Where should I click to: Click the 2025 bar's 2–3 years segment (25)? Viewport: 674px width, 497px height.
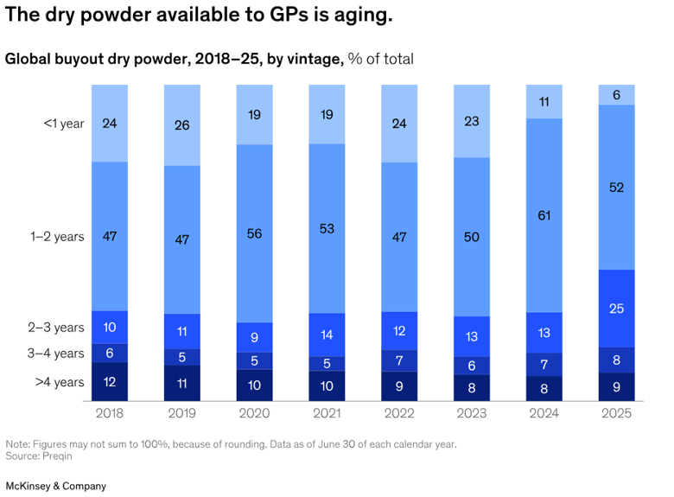tap(616, 309)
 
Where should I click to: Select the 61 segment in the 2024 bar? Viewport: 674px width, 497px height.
tap(544, 215)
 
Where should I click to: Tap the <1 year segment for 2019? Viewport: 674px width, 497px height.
tap(181, 125)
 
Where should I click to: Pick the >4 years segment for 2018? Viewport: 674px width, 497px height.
tap(110, 382)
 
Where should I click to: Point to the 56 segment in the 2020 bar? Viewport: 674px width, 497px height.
tap(254, 233)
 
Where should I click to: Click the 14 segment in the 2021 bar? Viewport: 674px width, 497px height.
tap(327, 335)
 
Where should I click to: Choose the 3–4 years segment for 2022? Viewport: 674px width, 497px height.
tap(399, 360)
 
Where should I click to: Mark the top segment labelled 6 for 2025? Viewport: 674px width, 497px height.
tap(616, 94)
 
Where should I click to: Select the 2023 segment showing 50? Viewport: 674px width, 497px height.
tap(472, 237)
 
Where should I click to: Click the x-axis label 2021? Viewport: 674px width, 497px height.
tap(327, 413)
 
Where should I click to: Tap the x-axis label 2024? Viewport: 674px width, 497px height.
tap(544, 413)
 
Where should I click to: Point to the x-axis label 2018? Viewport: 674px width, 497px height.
tap(110, 413)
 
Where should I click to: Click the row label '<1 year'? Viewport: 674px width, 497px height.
tap(64, 124)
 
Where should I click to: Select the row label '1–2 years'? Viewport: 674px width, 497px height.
tap(57, 237)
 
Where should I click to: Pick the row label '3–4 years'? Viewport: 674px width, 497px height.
tap(56, 354)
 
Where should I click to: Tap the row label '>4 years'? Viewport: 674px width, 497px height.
tap(60, 382)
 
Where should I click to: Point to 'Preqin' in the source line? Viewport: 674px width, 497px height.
tap(57, 456)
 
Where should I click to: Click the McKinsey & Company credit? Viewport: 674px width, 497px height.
tap(56, 487)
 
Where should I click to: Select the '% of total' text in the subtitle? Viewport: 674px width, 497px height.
tap(381, 59)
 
